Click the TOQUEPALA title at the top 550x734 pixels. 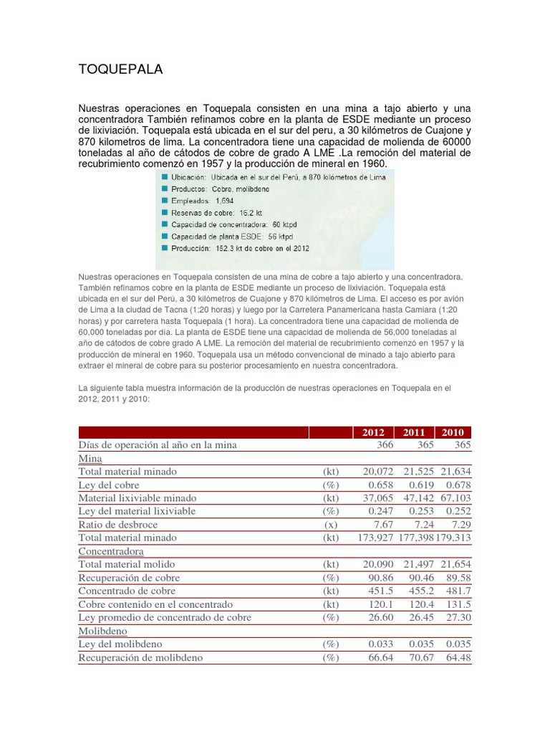click(120, 70)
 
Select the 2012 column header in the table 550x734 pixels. click(373, 432)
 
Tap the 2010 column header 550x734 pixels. click(453, 432)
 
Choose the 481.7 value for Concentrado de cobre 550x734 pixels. click(457, 591)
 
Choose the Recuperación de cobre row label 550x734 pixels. click(129, 578)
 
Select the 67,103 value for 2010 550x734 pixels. click(452, 498)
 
